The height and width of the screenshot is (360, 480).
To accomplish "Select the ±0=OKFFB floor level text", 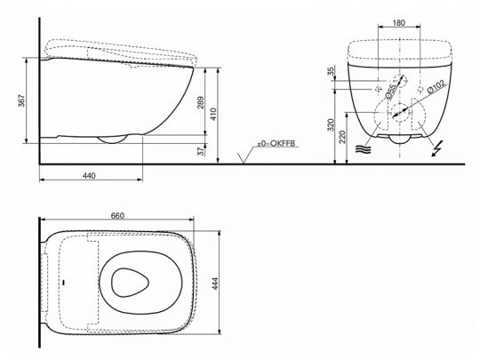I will click(x=277, y=143).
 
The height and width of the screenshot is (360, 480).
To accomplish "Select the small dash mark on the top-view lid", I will click(x=65, y=282).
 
